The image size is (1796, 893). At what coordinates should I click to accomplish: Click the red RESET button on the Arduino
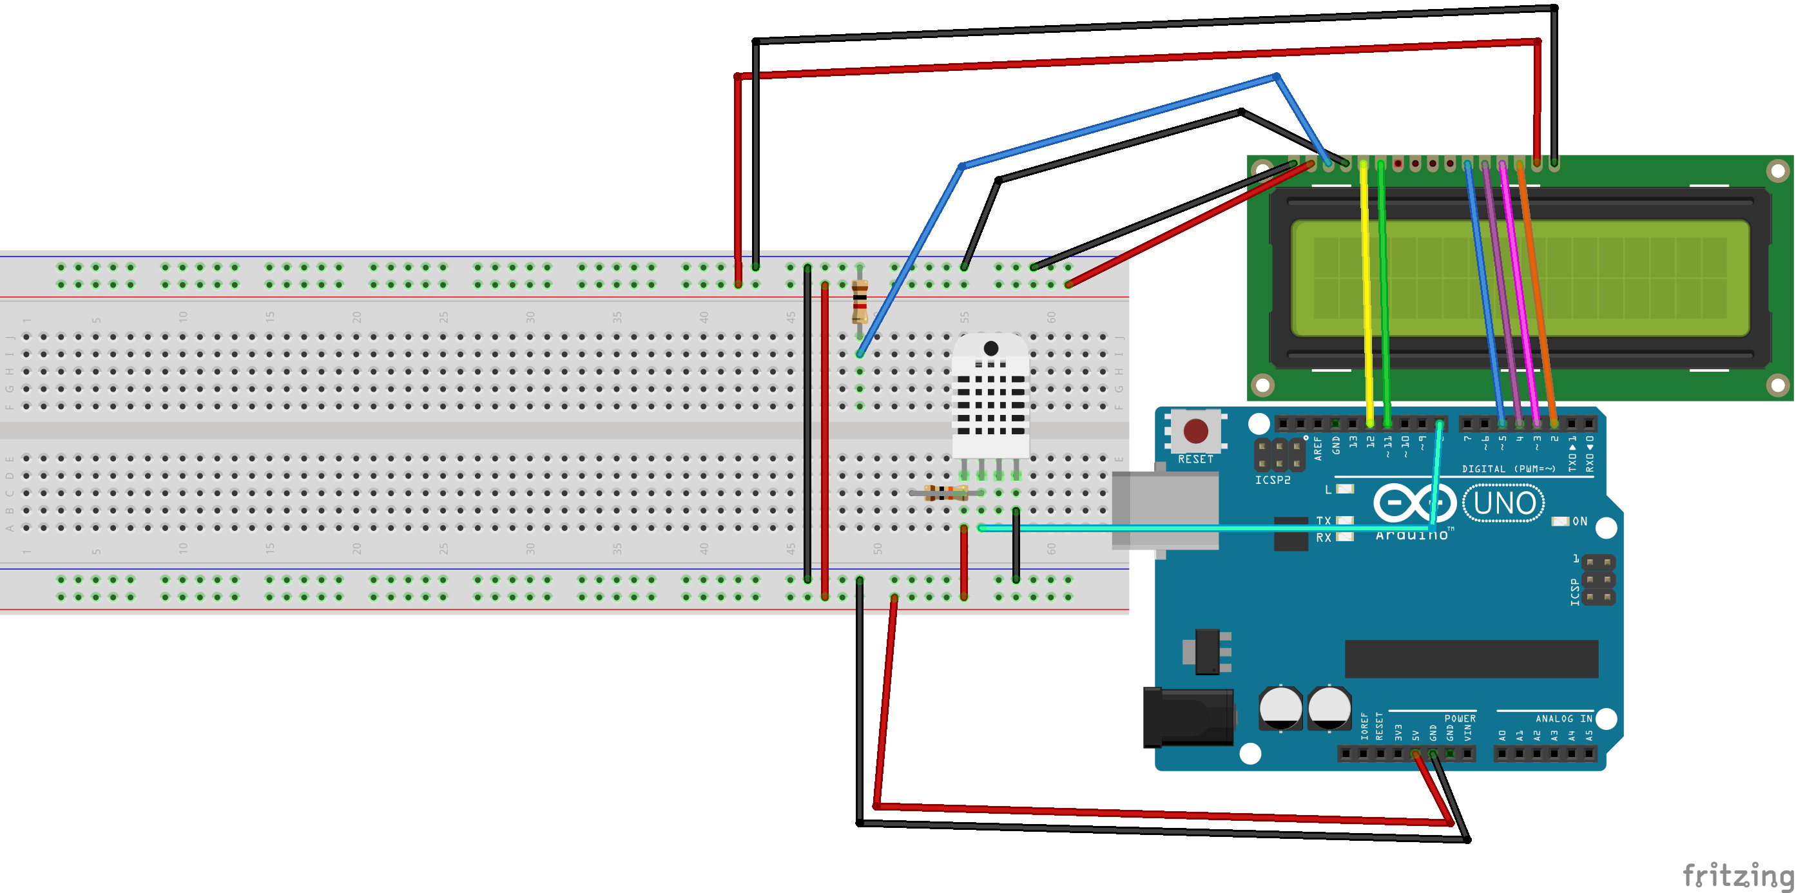pyautogui.click(x=1195, y=431)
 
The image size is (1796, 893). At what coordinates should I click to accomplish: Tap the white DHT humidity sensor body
pyautogui.click(x=990, y=398)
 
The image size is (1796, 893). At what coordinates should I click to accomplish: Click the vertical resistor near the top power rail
pyautogui.click(x=860, y=301)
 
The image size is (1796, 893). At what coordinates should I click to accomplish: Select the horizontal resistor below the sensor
pyautogui.click(x=945, y=493)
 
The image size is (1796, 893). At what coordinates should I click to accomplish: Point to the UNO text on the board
pyautogui.click(x=1504, y=503)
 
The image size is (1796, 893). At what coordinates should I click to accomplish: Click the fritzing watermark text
pyautogui.click(x=1736, y=874)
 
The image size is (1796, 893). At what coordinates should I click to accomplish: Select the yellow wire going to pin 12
pyautogui.click(x=1367, y=293)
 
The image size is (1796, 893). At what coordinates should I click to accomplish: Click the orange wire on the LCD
pyautogui.click(x=1538, y=293)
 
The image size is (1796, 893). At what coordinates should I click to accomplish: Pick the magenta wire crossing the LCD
pyautogui.click(x=1520, y=293)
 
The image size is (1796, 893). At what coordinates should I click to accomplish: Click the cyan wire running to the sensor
pyautogui.click(x=1185, y=528)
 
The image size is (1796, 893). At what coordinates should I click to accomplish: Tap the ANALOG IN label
pyautogui.click(x=1563, y=718)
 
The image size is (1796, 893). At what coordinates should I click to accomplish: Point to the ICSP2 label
pyautogui.click(x=1272, y=480)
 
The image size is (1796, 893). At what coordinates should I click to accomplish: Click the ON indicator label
pyautogui.click(x=1580, y=521)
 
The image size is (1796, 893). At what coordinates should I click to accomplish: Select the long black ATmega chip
pyautogui.click(x=1471, y=658)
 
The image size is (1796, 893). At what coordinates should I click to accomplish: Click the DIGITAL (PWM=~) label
pyautogui.click(x=1508, y=469)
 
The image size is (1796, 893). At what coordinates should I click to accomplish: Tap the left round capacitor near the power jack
pyautogui.click(x=1280, y=707)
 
